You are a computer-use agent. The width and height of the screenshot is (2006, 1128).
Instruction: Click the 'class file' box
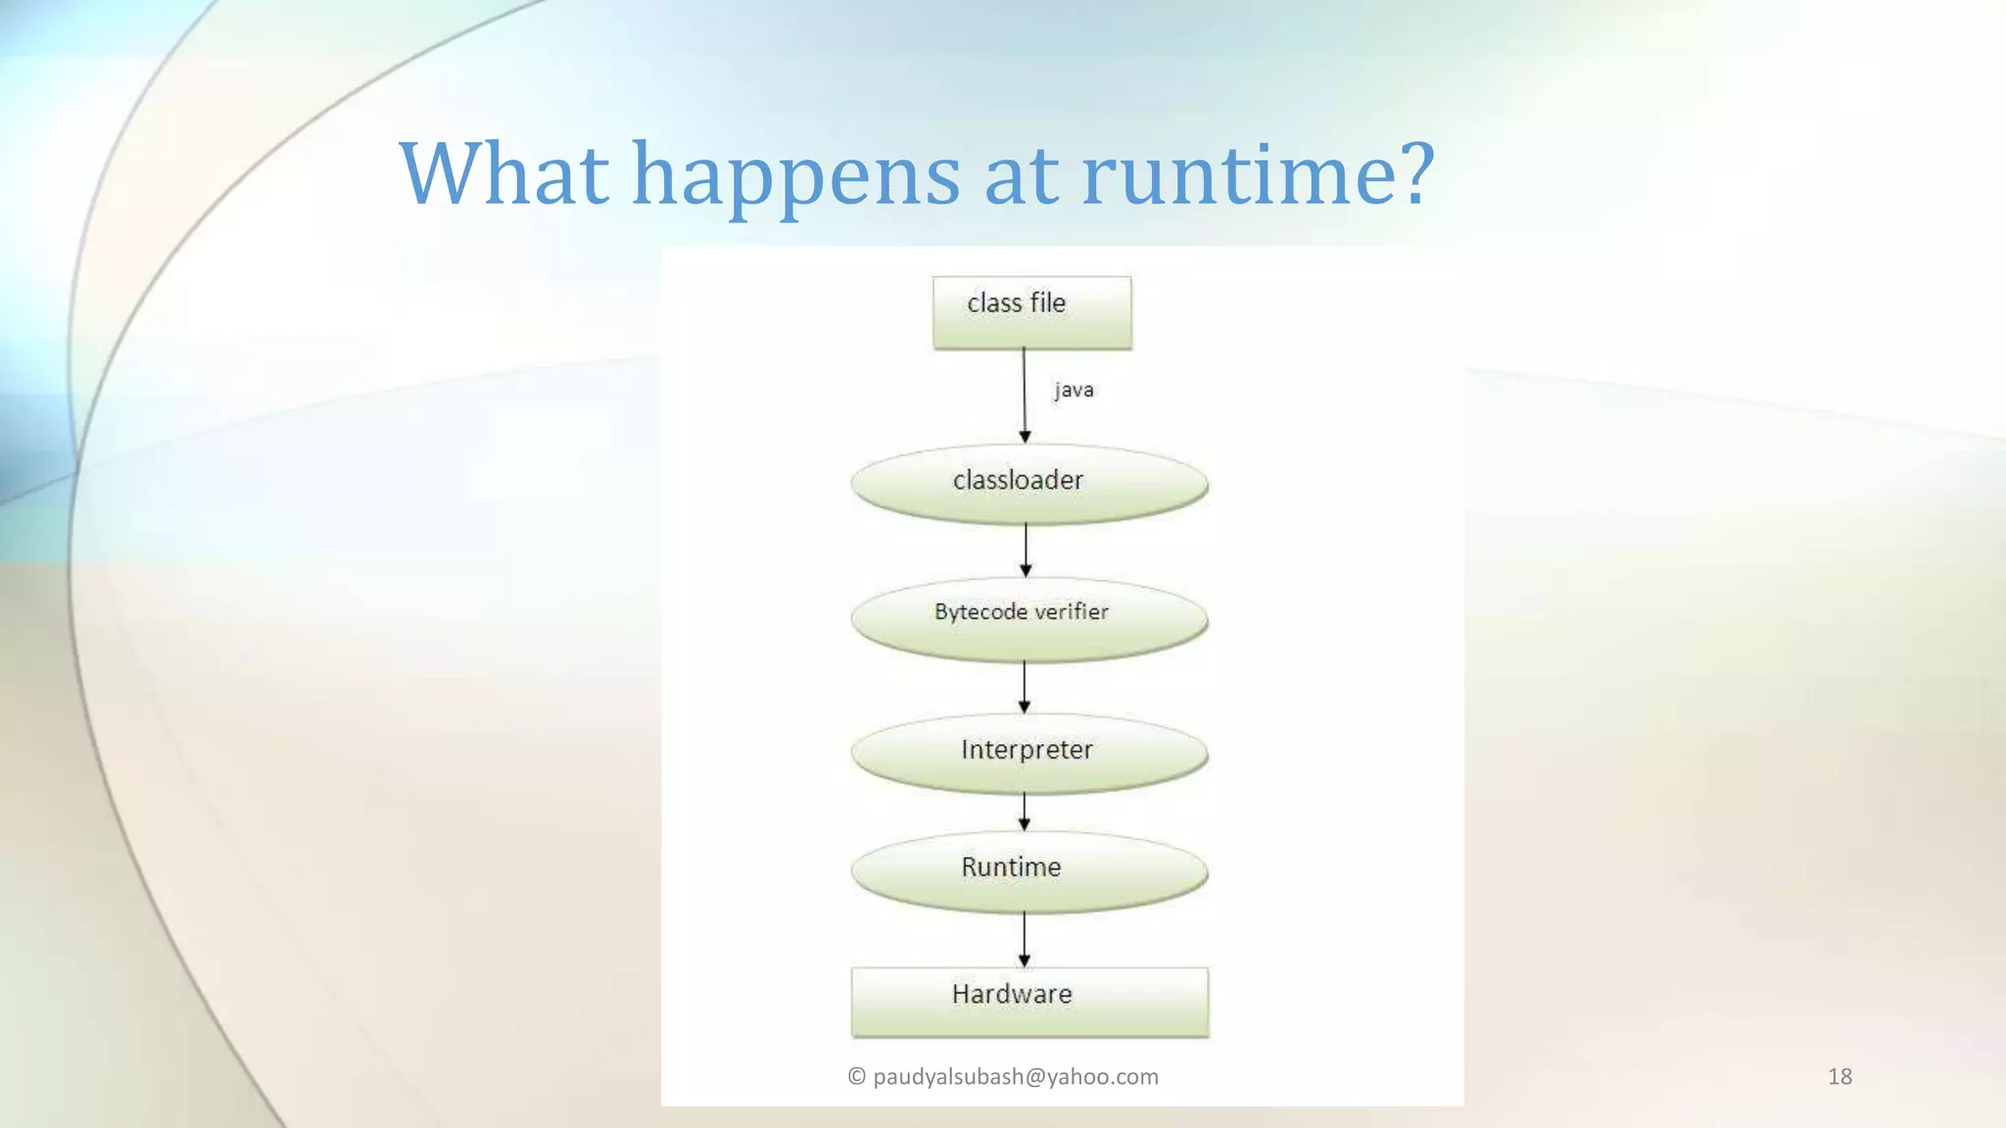click(x=1031, y=312)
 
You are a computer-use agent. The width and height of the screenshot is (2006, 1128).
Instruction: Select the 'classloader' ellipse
click(x=1028, y=482)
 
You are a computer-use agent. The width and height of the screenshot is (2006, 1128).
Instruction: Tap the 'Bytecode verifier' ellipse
click(x=1028, y=617)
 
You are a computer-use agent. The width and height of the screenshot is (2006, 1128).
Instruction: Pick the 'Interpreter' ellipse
click(x=1028, y=752)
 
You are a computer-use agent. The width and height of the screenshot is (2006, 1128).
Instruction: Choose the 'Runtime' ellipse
click(x=1028, y=870)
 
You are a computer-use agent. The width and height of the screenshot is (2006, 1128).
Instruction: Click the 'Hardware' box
click(x=1029, y=1001)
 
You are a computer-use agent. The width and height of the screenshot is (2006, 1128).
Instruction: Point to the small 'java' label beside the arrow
click(x=1074, y=390)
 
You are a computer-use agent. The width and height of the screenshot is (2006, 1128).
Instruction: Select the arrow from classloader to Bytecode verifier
click(x=1026, y=550)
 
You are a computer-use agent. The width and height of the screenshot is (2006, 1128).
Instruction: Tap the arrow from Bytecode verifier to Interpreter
click(x=1025, y=686)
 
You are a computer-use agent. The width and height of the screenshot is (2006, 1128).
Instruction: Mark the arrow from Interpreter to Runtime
click(x=1025, y=812)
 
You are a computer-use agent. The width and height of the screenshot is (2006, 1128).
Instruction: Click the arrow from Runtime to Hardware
click(x=1025, y=939)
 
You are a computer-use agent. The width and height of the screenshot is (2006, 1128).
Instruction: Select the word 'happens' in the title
click(x=795, y=176)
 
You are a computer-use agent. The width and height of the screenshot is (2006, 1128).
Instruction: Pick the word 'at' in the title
click(x=1021, y=176)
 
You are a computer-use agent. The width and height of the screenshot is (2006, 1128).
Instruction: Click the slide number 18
click(x=1839, y=1076)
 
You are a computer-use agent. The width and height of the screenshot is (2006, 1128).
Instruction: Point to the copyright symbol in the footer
click(x=856, y=1076)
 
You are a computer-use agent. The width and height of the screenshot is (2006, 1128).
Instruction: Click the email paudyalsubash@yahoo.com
click(x=1015, y=1076)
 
